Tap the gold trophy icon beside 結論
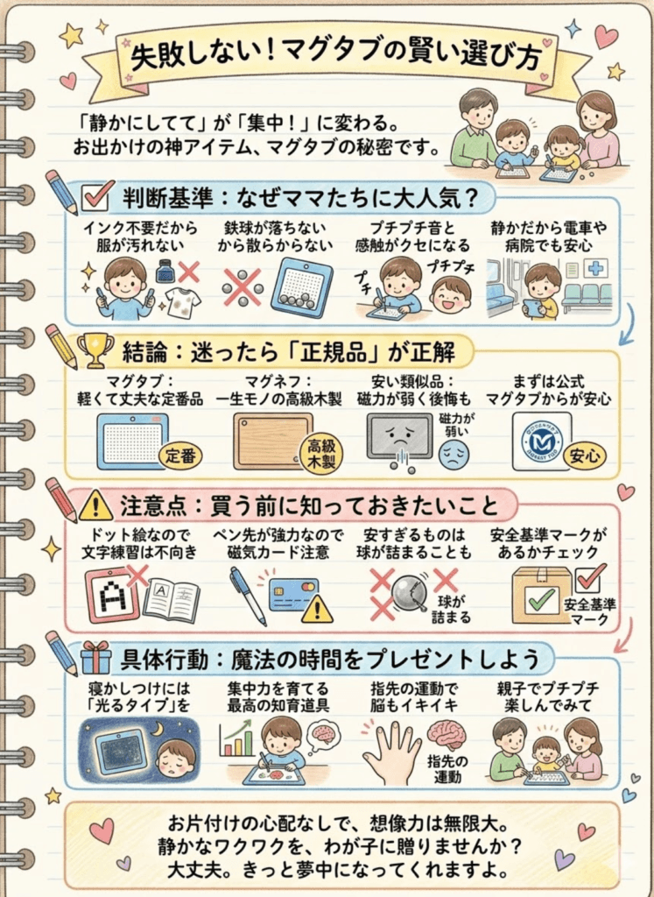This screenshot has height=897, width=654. (x=94, y=349)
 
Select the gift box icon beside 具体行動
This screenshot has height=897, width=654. (x=95, y=656)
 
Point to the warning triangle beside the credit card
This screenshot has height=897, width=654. (x=317, y=609)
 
